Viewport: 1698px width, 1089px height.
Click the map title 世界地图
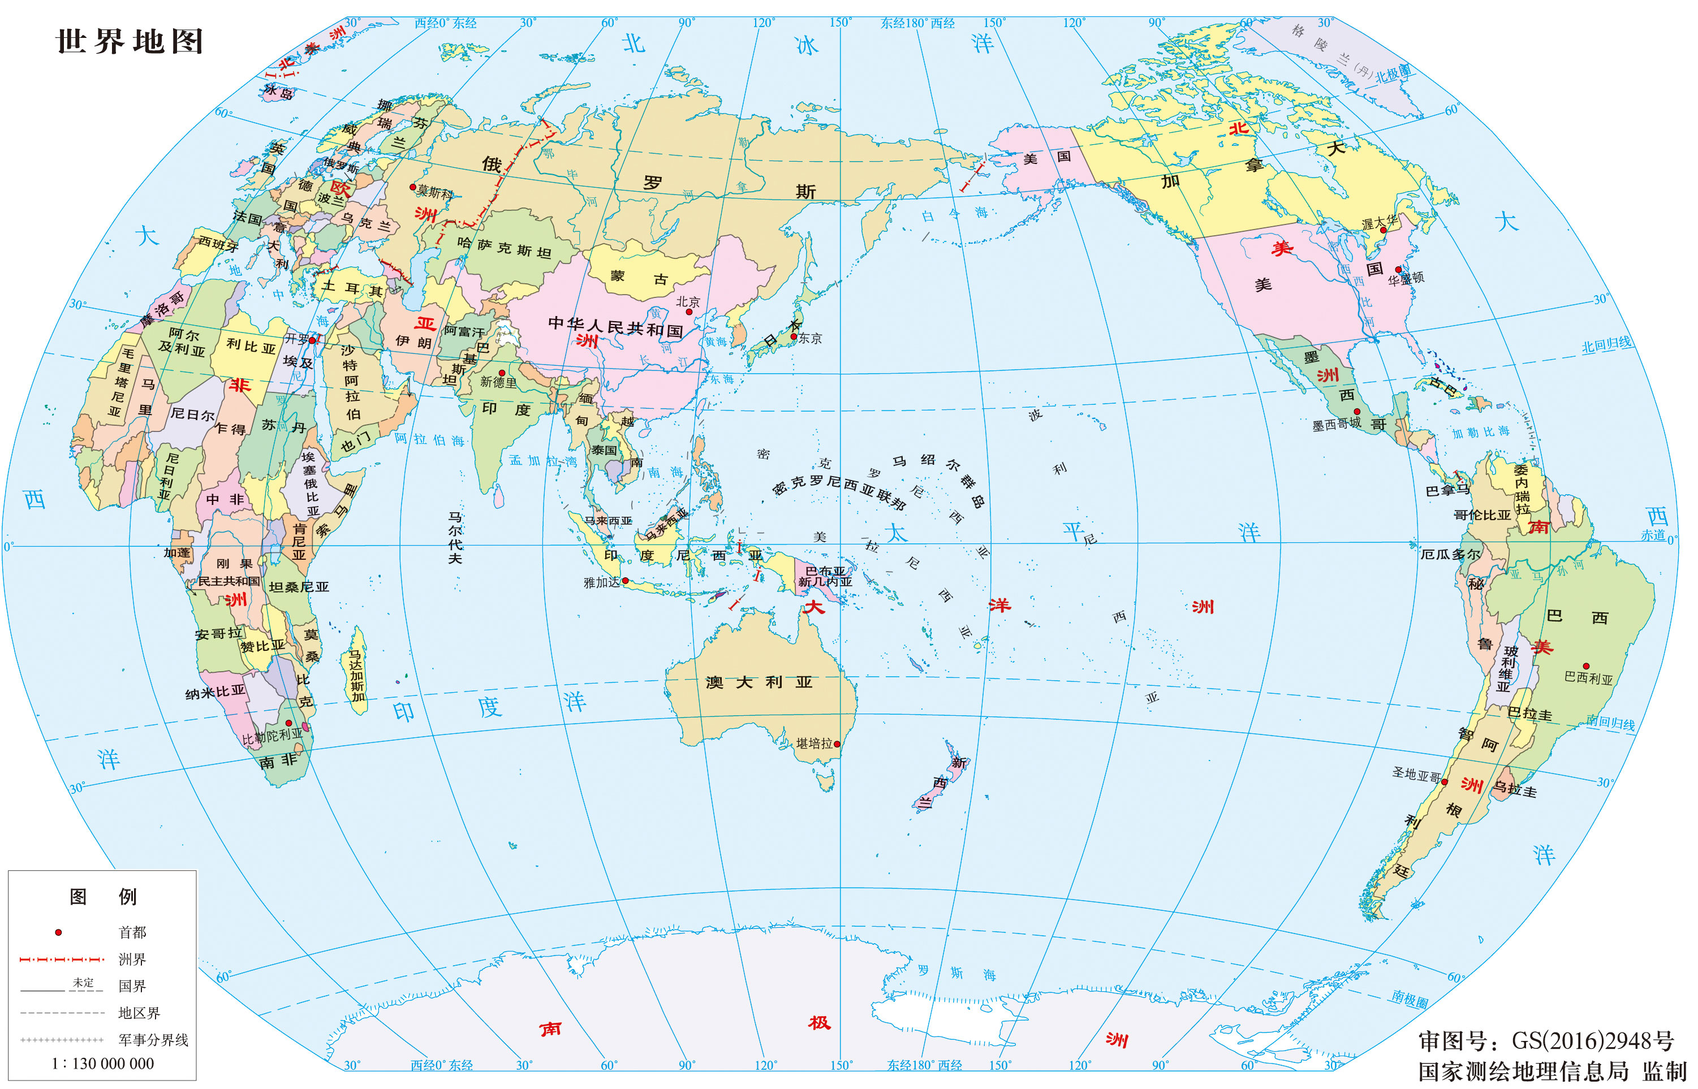click(x=130, y=41)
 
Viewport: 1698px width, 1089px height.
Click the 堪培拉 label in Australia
click(x=814, y=743)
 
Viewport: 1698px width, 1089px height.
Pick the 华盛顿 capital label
click(x=1406, y=279)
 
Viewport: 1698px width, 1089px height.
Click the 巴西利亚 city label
click(x=1588, y=678)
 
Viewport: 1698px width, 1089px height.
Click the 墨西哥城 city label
click(x=1336, y=424)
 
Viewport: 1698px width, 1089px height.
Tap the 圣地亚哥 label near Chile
click(x=1416, y=775)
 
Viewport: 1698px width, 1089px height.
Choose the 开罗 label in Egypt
click(x=296, y=339)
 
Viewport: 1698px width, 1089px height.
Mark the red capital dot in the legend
click(x=59, y=932)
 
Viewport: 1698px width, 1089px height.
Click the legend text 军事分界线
click(x=153, y=1039)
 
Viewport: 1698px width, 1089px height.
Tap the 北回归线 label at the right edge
click(x=1607, y=345)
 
